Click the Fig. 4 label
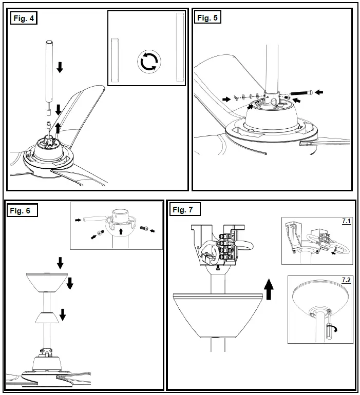coord(24,19)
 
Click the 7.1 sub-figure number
coord(346,222)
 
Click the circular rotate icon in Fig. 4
coord(149,61)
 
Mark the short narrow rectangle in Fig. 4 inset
coord(115,61)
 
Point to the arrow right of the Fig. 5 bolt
coord(319,92)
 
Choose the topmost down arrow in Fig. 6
coord(60,263)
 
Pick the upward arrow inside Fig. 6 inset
coord(120,231)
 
